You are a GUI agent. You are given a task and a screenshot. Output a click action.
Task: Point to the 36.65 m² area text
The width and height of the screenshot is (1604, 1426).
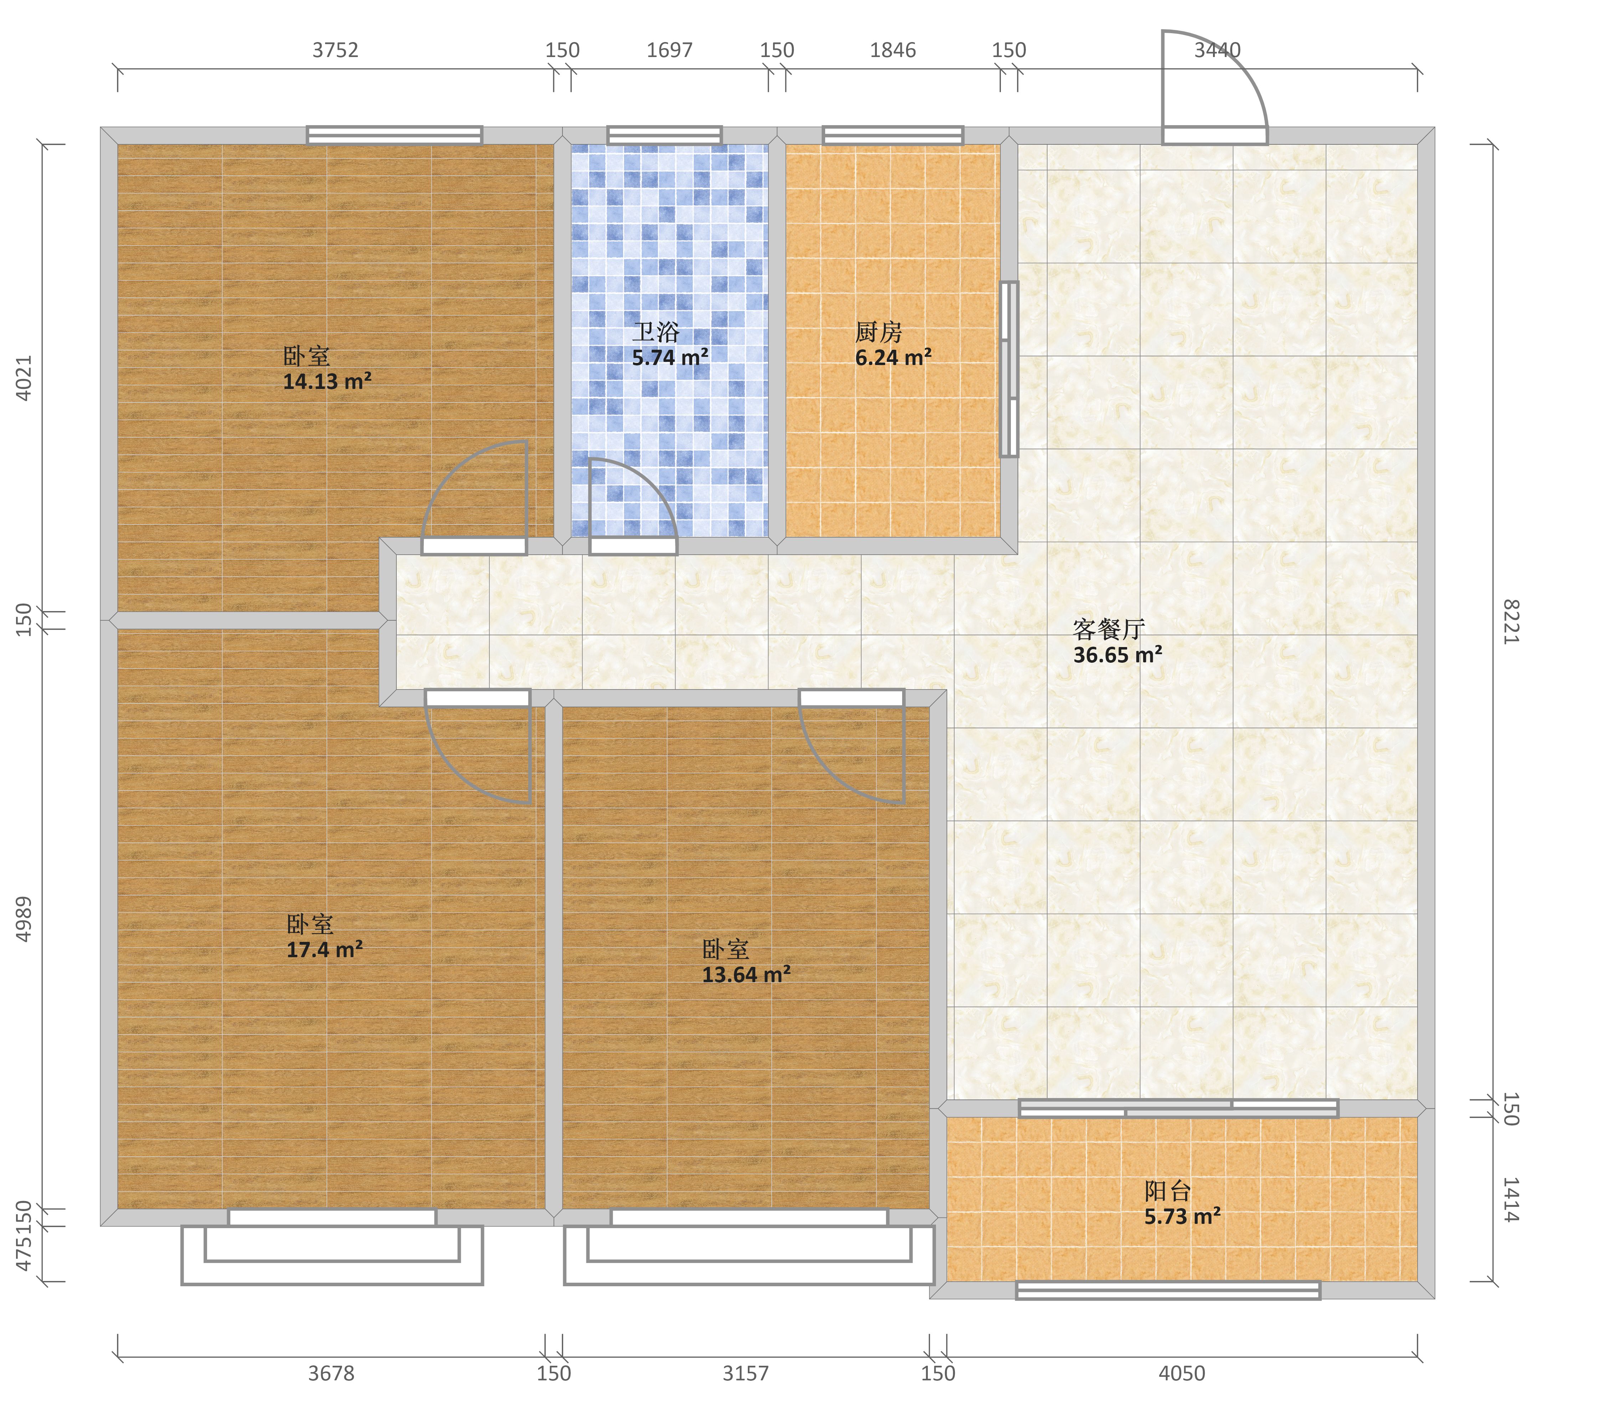[x=1117, y=655]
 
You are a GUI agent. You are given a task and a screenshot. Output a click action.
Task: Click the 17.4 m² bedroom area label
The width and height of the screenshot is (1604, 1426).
[x=324, y=950]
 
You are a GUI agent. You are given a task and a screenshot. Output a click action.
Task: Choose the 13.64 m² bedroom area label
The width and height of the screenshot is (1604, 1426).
[x=745, y=975]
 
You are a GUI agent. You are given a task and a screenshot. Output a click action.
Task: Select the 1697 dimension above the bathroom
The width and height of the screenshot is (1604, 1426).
[x=669, y=50]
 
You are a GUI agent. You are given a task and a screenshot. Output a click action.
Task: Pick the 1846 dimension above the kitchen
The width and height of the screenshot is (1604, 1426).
[x=893, y=50]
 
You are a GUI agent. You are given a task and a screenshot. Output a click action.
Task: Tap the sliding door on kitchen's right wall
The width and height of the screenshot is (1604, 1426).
[x=1009, y=369]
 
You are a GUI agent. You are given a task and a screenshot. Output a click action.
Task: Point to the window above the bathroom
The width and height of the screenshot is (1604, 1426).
[x=665, y=135]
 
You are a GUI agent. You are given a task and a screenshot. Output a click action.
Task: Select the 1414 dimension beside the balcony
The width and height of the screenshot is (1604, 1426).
[x=1511, y=1200]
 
